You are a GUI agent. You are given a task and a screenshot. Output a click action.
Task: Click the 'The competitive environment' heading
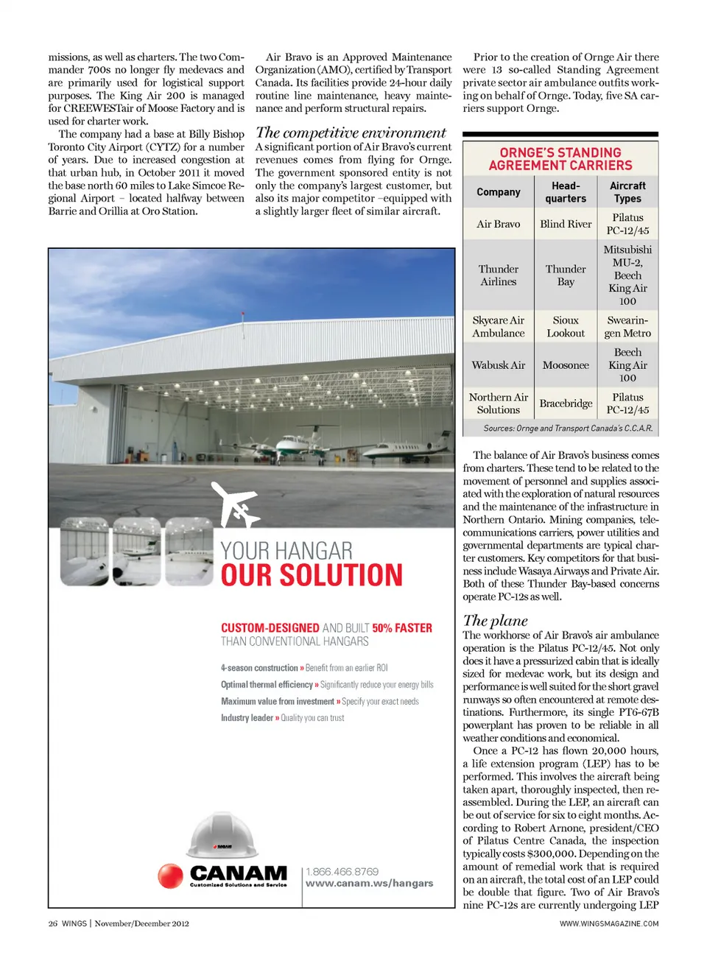coord(351,133)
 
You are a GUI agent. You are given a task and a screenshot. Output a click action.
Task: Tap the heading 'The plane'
coord(495,621)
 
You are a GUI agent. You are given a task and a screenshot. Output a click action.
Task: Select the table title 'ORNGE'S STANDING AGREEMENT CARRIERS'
coord(560,159)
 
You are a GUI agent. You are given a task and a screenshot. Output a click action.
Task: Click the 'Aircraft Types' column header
coord(627,192)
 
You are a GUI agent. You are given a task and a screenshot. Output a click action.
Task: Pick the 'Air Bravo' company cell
coord(498,224)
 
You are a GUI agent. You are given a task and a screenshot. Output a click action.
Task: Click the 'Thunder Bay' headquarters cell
coord(566,275)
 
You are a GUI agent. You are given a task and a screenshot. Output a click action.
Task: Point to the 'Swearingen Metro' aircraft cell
coord(627,327)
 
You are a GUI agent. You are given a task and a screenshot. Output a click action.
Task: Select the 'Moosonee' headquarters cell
coord(566,365)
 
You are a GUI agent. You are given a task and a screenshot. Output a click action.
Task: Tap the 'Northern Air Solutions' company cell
coord(498,404)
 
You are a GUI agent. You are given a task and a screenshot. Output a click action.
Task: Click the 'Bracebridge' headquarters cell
coord(566,404)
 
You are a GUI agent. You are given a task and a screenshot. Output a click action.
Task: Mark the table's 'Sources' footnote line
coord(567,429)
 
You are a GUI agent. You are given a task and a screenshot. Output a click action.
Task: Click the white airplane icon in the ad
coord(235,505)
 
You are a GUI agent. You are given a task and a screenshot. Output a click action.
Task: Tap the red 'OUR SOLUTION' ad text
coord(312,576)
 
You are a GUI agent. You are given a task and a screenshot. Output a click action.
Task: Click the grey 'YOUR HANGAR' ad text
coord(286,551)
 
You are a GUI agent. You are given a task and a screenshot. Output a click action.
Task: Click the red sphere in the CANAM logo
coord(170,876)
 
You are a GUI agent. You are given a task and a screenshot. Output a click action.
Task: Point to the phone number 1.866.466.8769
coord(342,872)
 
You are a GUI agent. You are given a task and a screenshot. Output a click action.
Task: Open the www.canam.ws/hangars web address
coord(369,884)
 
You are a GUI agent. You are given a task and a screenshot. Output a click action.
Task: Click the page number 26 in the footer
coord(52,923)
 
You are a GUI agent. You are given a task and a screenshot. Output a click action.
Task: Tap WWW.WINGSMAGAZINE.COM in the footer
coord(608,923)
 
